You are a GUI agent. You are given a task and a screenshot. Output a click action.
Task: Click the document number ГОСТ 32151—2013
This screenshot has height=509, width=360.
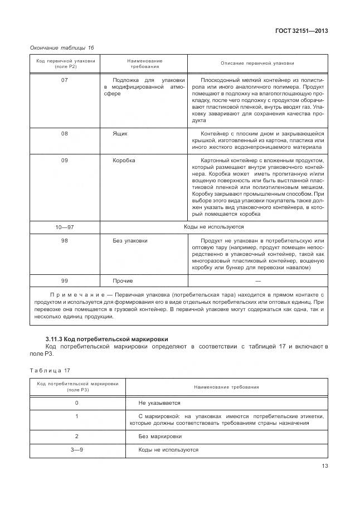(301, 31)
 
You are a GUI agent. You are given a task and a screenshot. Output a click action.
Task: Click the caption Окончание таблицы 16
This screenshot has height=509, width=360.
(62, 48)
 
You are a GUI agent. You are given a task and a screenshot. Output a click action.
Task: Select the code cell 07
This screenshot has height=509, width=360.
(65, 80)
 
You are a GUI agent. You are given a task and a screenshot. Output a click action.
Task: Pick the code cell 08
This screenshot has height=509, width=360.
(65, 134)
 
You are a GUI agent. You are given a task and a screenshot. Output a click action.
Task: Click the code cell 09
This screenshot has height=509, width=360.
(65, 161)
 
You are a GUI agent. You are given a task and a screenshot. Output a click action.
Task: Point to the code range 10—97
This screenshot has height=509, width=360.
(65, 227)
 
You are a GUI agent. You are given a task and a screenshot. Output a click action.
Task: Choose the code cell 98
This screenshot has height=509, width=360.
(65, 241)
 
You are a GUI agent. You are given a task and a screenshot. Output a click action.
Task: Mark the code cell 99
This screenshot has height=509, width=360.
(65, 281)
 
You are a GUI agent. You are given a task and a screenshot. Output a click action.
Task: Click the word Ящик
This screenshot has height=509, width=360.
(120, 134)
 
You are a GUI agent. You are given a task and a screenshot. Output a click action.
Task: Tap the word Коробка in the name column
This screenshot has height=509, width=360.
(124, 161)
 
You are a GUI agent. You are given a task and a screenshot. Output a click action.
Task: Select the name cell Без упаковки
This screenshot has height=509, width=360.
(130, 241)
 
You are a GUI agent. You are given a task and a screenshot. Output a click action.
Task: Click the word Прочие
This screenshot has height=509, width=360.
(123, 281)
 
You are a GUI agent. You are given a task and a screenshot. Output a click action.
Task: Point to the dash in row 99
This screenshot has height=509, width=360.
(257, 281)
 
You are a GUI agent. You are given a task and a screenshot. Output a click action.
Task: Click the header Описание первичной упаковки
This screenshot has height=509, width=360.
(257, 64)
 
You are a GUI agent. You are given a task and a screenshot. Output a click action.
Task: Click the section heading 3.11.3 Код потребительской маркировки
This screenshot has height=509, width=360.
(106, 339)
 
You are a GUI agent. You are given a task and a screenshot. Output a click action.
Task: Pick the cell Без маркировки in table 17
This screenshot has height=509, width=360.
(159, 437)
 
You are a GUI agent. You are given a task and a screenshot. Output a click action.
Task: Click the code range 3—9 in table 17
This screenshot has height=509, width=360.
(77, 449)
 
